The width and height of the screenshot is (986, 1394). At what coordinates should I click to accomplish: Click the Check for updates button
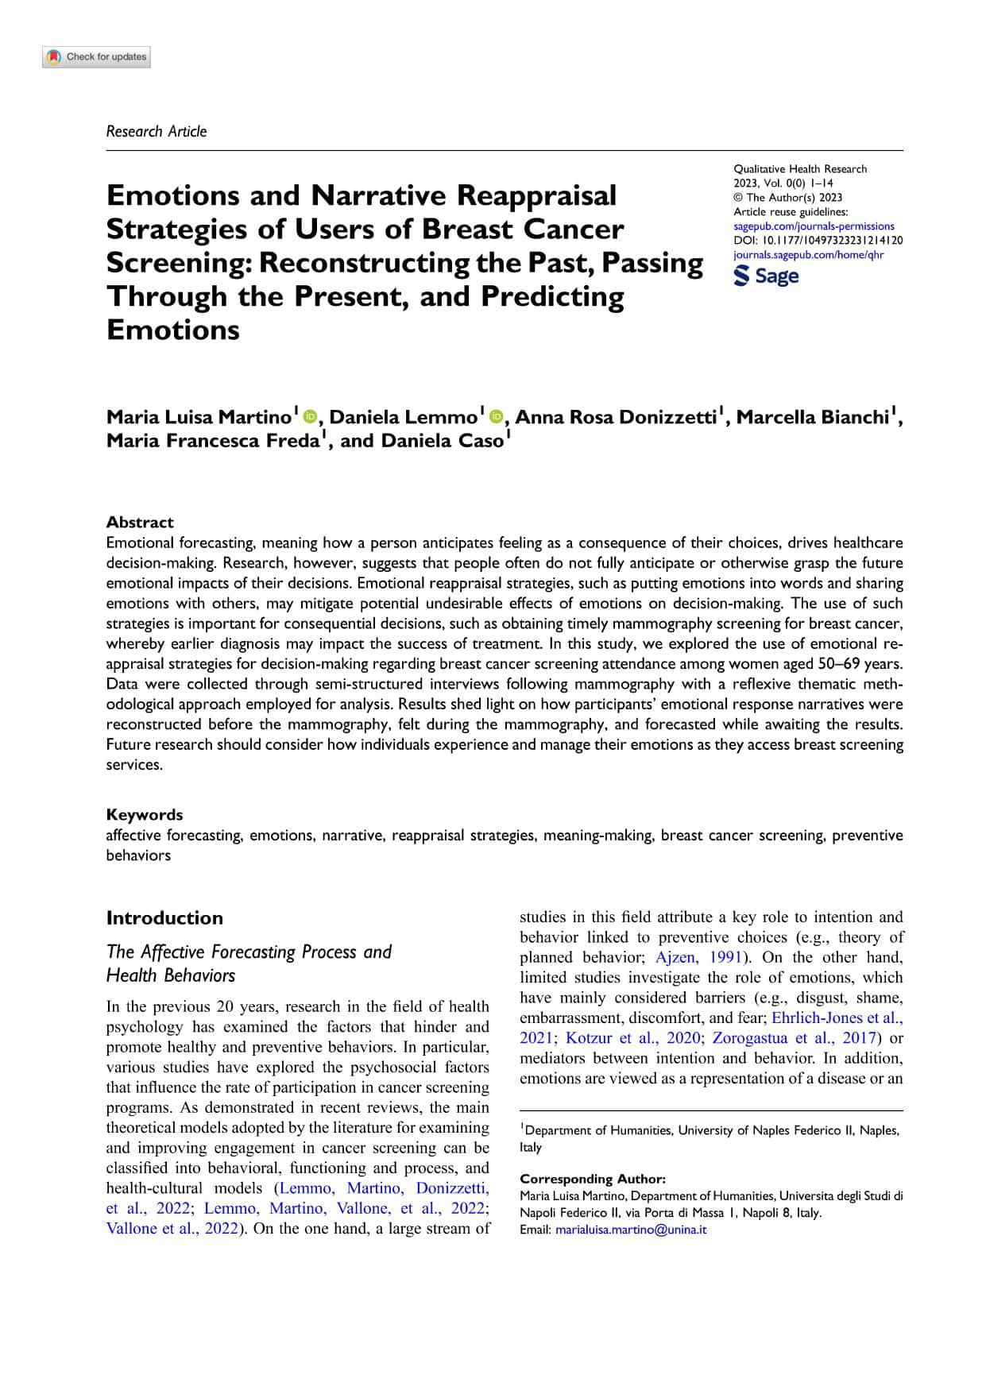click(x=97, y=57)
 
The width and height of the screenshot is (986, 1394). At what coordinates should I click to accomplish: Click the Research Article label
click(x=157, y=132)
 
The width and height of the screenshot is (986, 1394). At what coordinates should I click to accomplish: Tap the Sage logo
click(x=766, y=276)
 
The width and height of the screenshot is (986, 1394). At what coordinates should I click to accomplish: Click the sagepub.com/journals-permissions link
click(x=814, y=226)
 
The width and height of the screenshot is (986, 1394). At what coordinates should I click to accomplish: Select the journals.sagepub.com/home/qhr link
click(x=808, y=255)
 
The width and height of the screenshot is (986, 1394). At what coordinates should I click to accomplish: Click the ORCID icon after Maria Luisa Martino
click(x=310, y=416)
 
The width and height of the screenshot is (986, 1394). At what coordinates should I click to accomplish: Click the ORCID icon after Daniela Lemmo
click(x=497, y=416)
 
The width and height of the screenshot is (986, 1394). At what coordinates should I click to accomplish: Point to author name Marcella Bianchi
click(x=812, y=417)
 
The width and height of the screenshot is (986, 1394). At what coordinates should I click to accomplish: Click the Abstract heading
click(x=140, y=522)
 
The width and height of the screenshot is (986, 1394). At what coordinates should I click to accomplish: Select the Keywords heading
click(x=145, y=814)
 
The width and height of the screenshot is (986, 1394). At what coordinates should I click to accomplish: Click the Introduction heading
click(x=164, y=917)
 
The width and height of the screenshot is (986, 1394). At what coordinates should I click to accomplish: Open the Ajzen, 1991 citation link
click(x=698, y=957)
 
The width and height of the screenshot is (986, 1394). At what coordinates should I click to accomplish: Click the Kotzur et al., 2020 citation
click(x=632, y=1038)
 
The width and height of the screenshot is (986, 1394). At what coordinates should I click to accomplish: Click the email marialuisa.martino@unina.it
click(x=631, y=1230)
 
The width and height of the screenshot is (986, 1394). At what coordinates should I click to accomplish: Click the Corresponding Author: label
click(x=593, y=1179)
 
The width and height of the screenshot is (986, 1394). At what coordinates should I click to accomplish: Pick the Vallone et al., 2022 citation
click(x=172, y=1229)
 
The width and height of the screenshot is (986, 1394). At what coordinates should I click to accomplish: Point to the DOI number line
click(x=818, y=241)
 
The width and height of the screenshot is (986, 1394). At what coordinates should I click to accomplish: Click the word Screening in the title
click(x=178, y=263)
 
